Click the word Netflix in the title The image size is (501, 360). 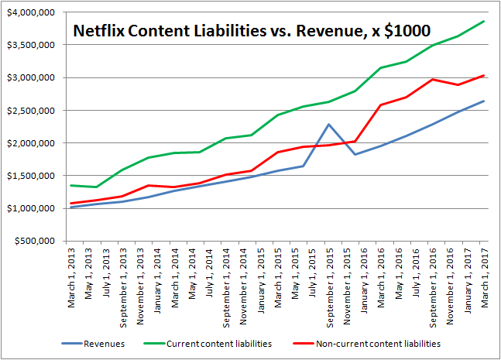point(97,32)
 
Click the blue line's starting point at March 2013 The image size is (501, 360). point(71,207)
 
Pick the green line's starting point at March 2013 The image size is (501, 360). point(71,185)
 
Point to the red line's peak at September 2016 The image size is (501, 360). point(433,79)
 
